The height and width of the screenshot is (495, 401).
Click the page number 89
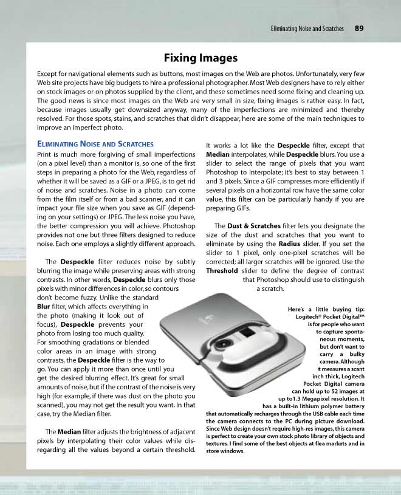pos(359,28)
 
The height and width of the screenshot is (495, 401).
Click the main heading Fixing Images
pos(200,58)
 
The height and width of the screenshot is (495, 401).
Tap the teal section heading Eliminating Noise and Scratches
pos(95,144)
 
